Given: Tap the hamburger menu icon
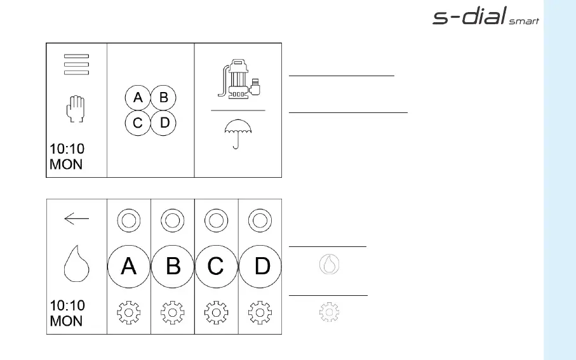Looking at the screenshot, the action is (76, 65).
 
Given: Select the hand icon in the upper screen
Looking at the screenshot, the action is (76, 109).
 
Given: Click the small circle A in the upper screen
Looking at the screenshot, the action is (138, 98).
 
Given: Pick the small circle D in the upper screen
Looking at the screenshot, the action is (164, 123).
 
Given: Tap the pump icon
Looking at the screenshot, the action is (238, 79).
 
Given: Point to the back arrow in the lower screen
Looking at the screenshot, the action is (76, 219).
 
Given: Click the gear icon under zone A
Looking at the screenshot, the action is (129, 313).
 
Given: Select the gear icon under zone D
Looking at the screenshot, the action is (260, 313).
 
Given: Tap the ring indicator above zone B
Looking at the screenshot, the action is (173, 221).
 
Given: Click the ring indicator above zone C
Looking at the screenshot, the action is (216, 221).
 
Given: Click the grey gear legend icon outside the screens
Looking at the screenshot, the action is (328, 312).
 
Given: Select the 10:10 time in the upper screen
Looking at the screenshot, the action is (67, 150).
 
